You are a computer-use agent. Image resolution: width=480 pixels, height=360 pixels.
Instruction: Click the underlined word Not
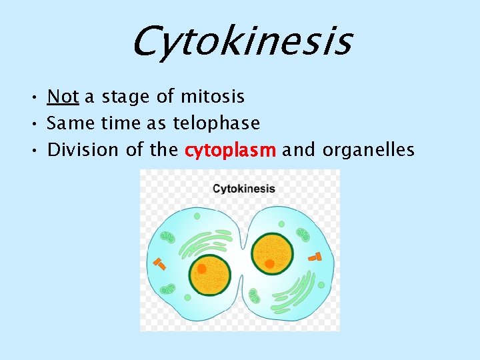(x=63, y=97)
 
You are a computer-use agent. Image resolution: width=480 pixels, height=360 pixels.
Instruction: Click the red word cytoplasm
(x=230, y=150)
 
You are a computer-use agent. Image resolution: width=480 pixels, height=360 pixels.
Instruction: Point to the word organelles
(x=368, y=150)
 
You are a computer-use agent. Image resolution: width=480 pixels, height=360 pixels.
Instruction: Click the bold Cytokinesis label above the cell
(x=243, y=189)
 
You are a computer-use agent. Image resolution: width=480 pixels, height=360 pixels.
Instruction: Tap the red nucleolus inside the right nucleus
(x=269, y=264)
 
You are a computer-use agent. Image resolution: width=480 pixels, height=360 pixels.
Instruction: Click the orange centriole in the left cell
(x=159, y=263)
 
